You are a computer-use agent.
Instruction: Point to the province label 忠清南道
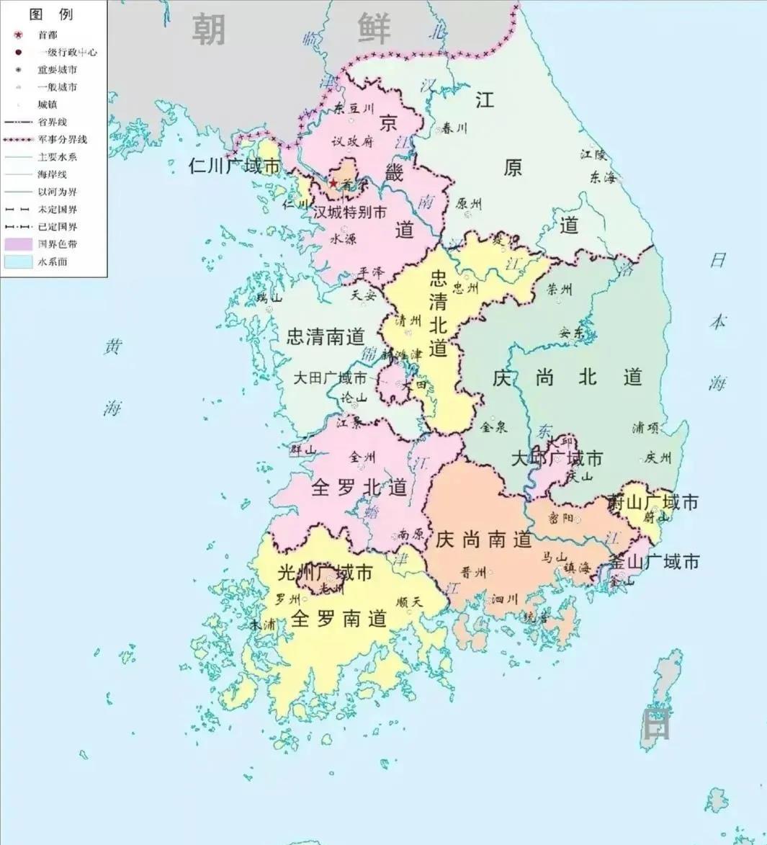click(326, 336)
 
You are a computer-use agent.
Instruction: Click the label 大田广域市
click(330, 378)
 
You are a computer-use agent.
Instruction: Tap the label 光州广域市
click(326, 573)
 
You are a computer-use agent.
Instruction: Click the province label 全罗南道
click(339, 618)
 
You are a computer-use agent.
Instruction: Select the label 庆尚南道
click(483, 540)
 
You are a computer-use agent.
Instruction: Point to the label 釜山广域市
click(654, 561)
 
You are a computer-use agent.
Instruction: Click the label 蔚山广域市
click(653, 502)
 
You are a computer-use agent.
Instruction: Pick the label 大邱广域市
click(557, 458)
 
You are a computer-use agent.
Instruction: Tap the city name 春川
click(454, 128)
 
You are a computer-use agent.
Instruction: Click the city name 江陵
click(594, 154)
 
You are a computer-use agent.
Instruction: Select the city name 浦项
click(645, 428)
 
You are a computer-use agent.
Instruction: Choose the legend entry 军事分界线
click(63, 140)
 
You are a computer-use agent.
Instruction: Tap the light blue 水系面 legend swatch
click(19, 261)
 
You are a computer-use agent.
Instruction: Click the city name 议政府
click(352, 142)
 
